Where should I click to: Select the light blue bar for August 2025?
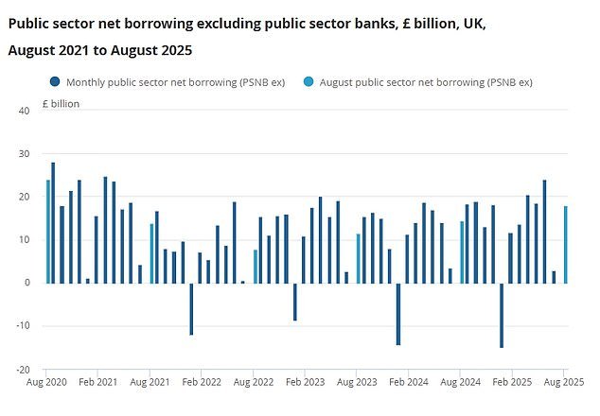click(x=565, y=244)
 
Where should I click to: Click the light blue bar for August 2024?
click(x=462, y=251)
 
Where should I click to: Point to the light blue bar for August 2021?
click(x=151, y=252)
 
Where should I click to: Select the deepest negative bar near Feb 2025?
click(x=502, y=315)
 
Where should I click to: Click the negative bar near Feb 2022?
click(x=191, y=308)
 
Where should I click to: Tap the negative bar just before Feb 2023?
click(x=294, y=302)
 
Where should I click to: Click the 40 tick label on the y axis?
click(x=25, y=111)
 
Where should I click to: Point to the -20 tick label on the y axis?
click(x=23, y=370)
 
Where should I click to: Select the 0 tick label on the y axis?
click(x=27, y=283)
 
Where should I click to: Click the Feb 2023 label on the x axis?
click(x=307, y=385)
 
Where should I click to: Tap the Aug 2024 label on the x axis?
click(x=461, y=385)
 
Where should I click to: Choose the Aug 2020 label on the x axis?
click(x=47, y=385)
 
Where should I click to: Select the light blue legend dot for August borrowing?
click(x=300, y=82)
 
